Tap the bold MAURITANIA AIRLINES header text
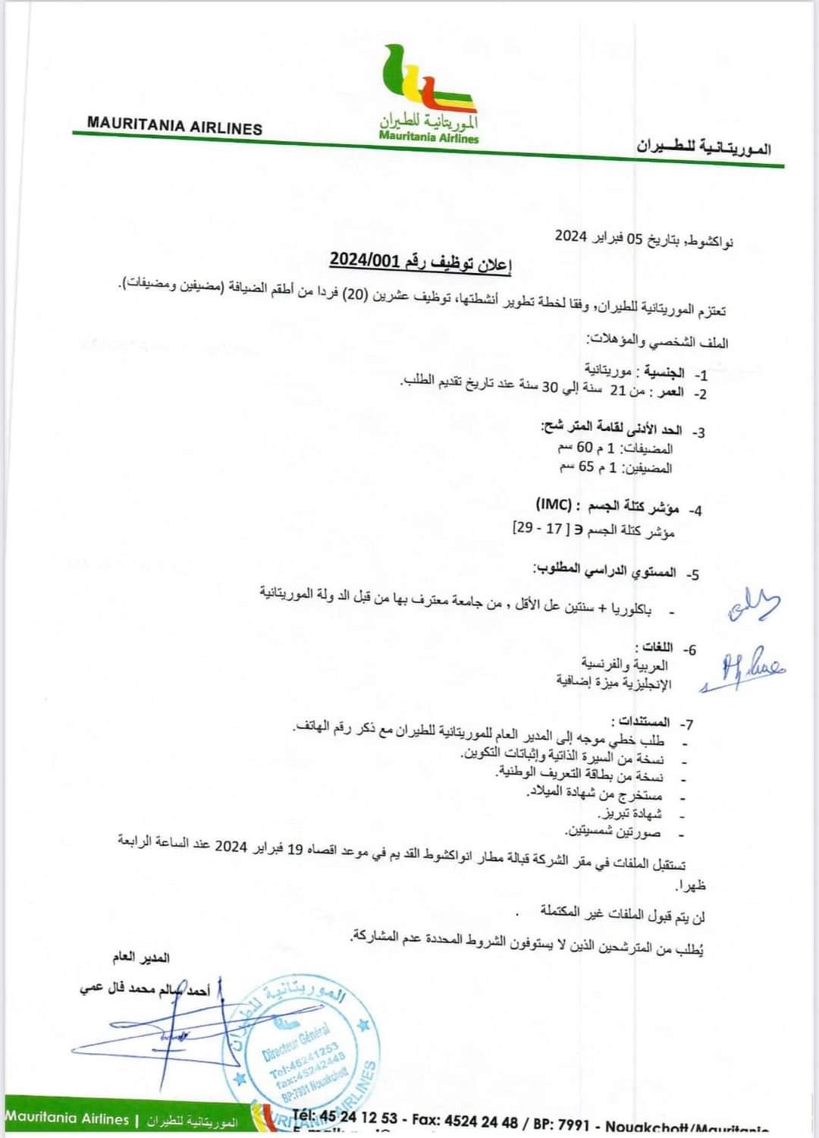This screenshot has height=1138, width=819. click(x=174, y=125)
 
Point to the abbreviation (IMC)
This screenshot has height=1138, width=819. click(x=554, y=504)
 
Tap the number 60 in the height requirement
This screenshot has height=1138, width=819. click(x=585, y=448)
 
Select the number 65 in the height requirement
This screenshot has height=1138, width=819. click(x=586, y=466)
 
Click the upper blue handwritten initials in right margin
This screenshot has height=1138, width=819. click(x=754, y=605)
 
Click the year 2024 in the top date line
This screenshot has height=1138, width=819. click(x=571, y=236)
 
